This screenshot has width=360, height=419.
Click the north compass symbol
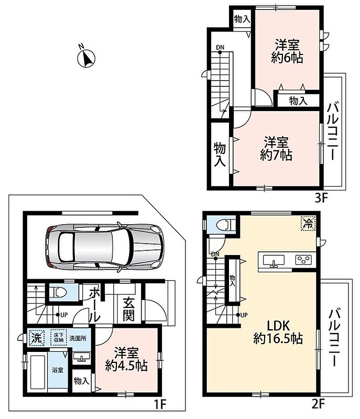(x=86, y=58)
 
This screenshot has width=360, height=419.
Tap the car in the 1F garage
(x=104, y=247)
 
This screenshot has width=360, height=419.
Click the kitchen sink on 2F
(x=274, y=260)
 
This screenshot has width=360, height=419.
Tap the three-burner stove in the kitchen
(x=303, y=259)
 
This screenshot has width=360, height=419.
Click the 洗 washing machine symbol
(x=37, y=338)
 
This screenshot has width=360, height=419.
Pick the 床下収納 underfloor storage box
(x=59, y=337)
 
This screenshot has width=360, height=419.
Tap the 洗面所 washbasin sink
(x=82, y=357)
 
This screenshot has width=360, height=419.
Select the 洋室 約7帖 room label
(x=276, y=149)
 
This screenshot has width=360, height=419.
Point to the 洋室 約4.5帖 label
(x=126, y=359)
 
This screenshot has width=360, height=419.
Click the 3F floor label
(x=321, y=198)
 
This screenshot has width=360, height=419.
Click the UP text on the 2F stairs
(x=244, y=315)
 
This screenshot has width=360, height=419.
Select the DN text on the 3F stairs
(x=220, y=48)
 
